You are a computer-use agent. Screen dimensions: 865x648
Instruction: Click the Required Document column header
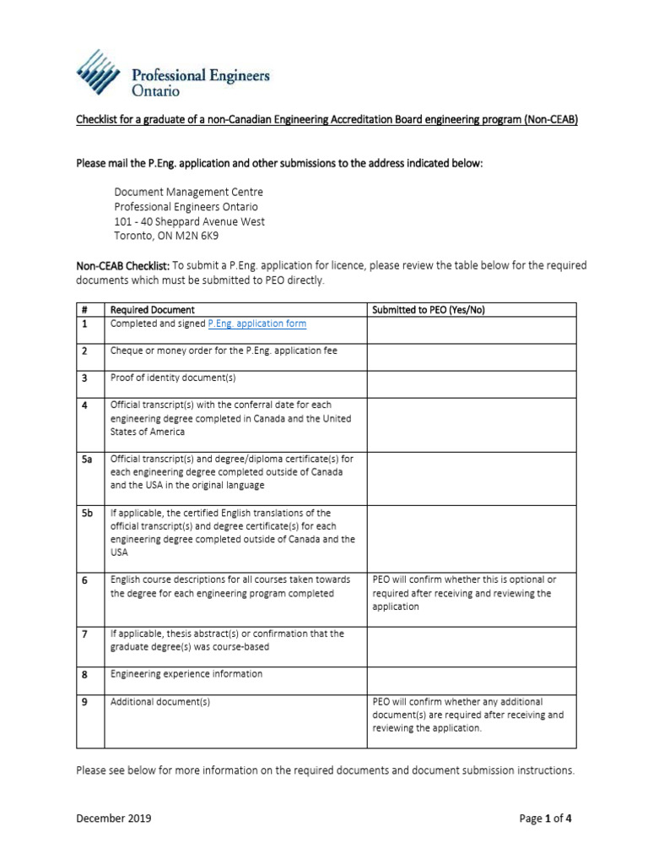click(152, 310)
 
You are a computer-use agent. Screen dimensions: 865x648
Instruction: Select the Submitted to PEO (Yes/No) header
click(428, 310)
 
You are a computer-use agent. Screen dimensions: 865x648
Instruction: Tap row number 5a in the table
click(86, 459)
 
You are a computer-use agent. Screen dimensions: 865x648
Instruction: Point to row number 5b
click(86, 513)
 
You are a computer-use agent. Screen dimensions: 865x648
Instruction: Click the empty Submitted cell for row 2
click(471, 356)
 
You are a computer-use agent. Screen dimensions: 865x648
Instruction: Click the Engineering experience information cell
click(186, 673)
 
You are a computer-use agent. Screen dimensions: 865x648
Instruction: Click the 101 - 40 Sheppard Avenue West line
click(189, 221)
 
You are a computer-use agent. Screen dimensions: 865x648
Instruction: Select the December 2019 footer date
click(114, 818)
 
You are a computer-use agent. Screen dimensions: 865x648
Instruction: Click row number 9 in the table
click(84, 701)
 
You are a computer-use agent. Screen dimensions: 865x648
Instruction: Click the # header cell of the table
click(84, 310)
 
